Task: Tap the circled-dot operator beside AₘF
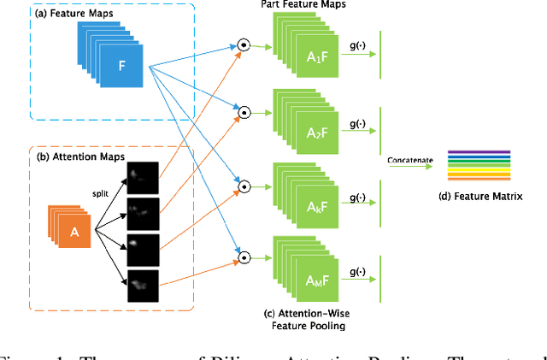point(243,255)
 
